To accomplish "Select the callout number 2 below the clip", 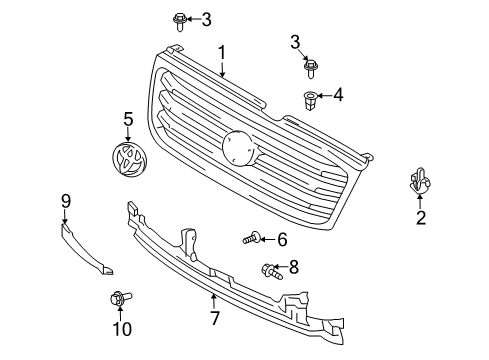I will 421,218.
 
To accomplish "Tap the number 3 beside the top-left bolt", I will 207,18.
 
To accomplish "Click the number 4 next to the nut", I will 338,96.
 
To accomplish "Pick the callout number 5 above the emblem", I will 127,119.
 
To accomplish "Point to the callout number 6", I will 281,239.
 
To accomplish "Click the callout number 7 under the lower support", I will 213,318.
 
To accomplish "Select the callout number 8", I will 293,268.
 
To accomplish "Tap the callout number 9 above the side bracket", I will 65,201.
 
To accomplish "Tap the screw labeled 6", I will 250,239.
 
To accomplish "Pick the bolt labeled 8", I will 269,268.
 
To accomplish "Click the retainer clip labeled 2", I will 421,183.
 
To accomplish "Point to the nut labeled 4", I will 309,99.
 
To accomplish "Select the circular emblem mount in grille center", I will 239,148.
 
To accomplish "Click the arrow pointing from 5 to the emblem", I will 127,133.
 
